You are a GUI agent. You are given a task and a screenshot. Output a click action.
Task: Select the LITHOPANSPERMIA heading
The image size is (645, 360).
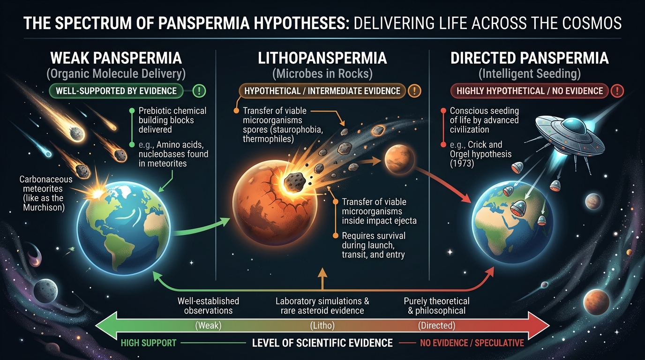(x=322, y=59)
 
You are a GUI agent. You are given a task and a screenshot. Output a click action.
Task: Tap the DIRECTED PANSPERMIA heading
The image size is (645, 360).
(x=529, y=59)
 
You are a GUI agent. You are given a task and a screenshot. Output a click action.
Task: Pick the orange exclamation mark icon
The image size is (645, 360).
(x=414, y=90)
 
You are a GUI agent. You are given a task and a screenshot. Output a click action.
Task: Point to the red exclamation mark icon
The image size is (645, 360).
(x=618, y=90)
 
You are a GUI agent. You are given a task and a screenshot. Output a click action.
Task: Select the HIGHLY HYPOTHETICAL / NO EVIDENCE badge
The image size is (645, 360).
(x=529, y=90)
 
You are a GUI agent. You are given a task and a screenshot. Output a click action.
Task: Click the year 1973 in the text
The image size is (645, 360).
(x=463, y=164)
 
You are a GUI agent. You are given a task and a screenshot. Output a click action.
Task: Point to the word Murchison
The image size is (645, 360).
(x=44, y=207)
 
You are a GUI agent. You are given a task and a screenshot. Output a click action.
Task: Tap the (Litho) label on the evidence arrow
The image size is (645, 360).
(x=322, y=325)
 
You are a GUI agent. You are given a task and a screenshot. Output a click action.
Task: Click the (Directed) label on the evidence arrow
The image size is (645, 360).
(x=436, y=325)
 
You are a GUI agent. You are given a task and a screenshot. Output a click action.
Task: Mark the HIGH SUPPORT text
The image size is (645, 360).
(x=148, y=343)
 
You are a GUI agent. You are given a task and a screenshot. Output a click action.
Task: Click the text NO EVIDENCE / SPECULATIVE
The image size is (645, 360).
(x=472, y=343)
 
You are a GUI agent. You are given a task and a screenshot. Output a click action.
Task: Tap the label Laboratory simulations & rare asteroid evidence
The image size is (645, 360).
(x=322, y=306)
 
